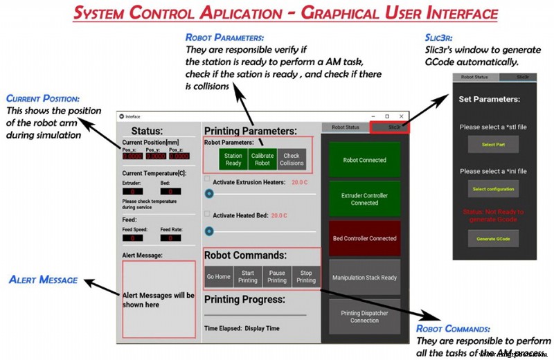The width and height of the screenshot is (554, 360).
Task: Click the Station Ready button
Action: [x=233, y=159]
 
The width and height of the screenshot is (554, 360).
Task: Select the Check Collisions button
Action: [x=292, y=159]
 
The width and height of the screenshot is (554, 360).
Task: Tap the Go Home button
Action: [x=219, y=277]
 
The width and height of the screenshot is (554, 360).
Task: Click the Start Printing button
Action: [x=248, y=277]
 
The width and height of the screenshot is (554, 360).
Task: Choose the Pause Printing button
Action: [x=277, y=277]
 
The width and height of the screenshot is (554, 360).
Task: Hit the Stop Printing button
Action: [x=306, y=277]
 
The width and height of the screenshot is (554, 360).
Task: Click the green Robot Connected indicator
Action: [x=364, y=160]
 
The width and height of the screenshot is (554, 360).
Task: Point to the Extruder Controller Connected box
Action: [x=364, y=199]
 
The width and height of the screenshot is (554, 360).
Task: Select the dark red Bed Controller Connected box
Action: [x=364, y=239]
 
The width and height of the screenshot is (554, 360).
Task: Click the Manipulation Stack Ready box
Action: [x=364, y=278]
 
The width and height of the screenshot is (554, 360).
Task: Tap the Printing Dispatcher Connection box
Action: [x=364, y=316]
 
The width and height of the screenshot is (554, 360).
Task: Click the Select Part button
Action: [x=493, y=145]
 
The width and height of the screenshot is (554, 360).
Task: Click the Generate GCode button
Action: [x=493, y=239]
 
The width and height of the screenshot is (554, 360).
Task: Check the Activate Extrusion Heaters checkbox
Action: [x=207, y=179]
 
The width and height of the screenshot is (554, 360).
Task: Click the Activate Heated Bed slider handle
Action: [x=209, y=231]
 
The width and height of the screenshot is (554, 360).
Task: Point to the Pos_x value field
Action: [x=132, y=156]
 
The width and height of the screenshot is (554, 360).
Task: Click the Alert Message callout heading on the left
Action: [x=43, y=280]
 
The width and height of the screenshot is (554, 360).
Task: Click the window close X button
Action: [x=401, y=116]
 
